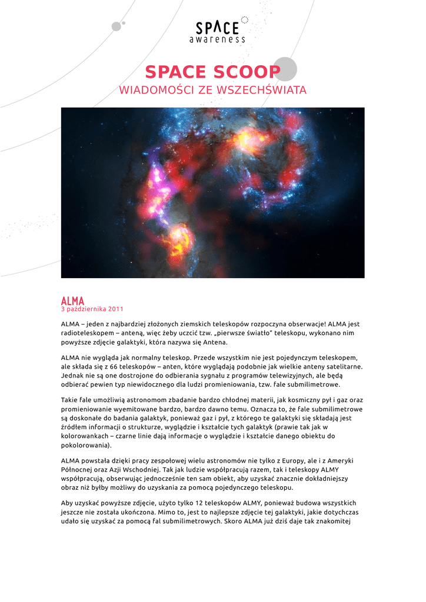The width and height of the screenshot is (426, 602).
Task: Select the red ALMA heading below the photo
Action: click(x=73, y=300)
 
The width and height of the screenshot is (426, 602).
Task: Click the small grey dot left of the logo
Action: click(x=117, y=26)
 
